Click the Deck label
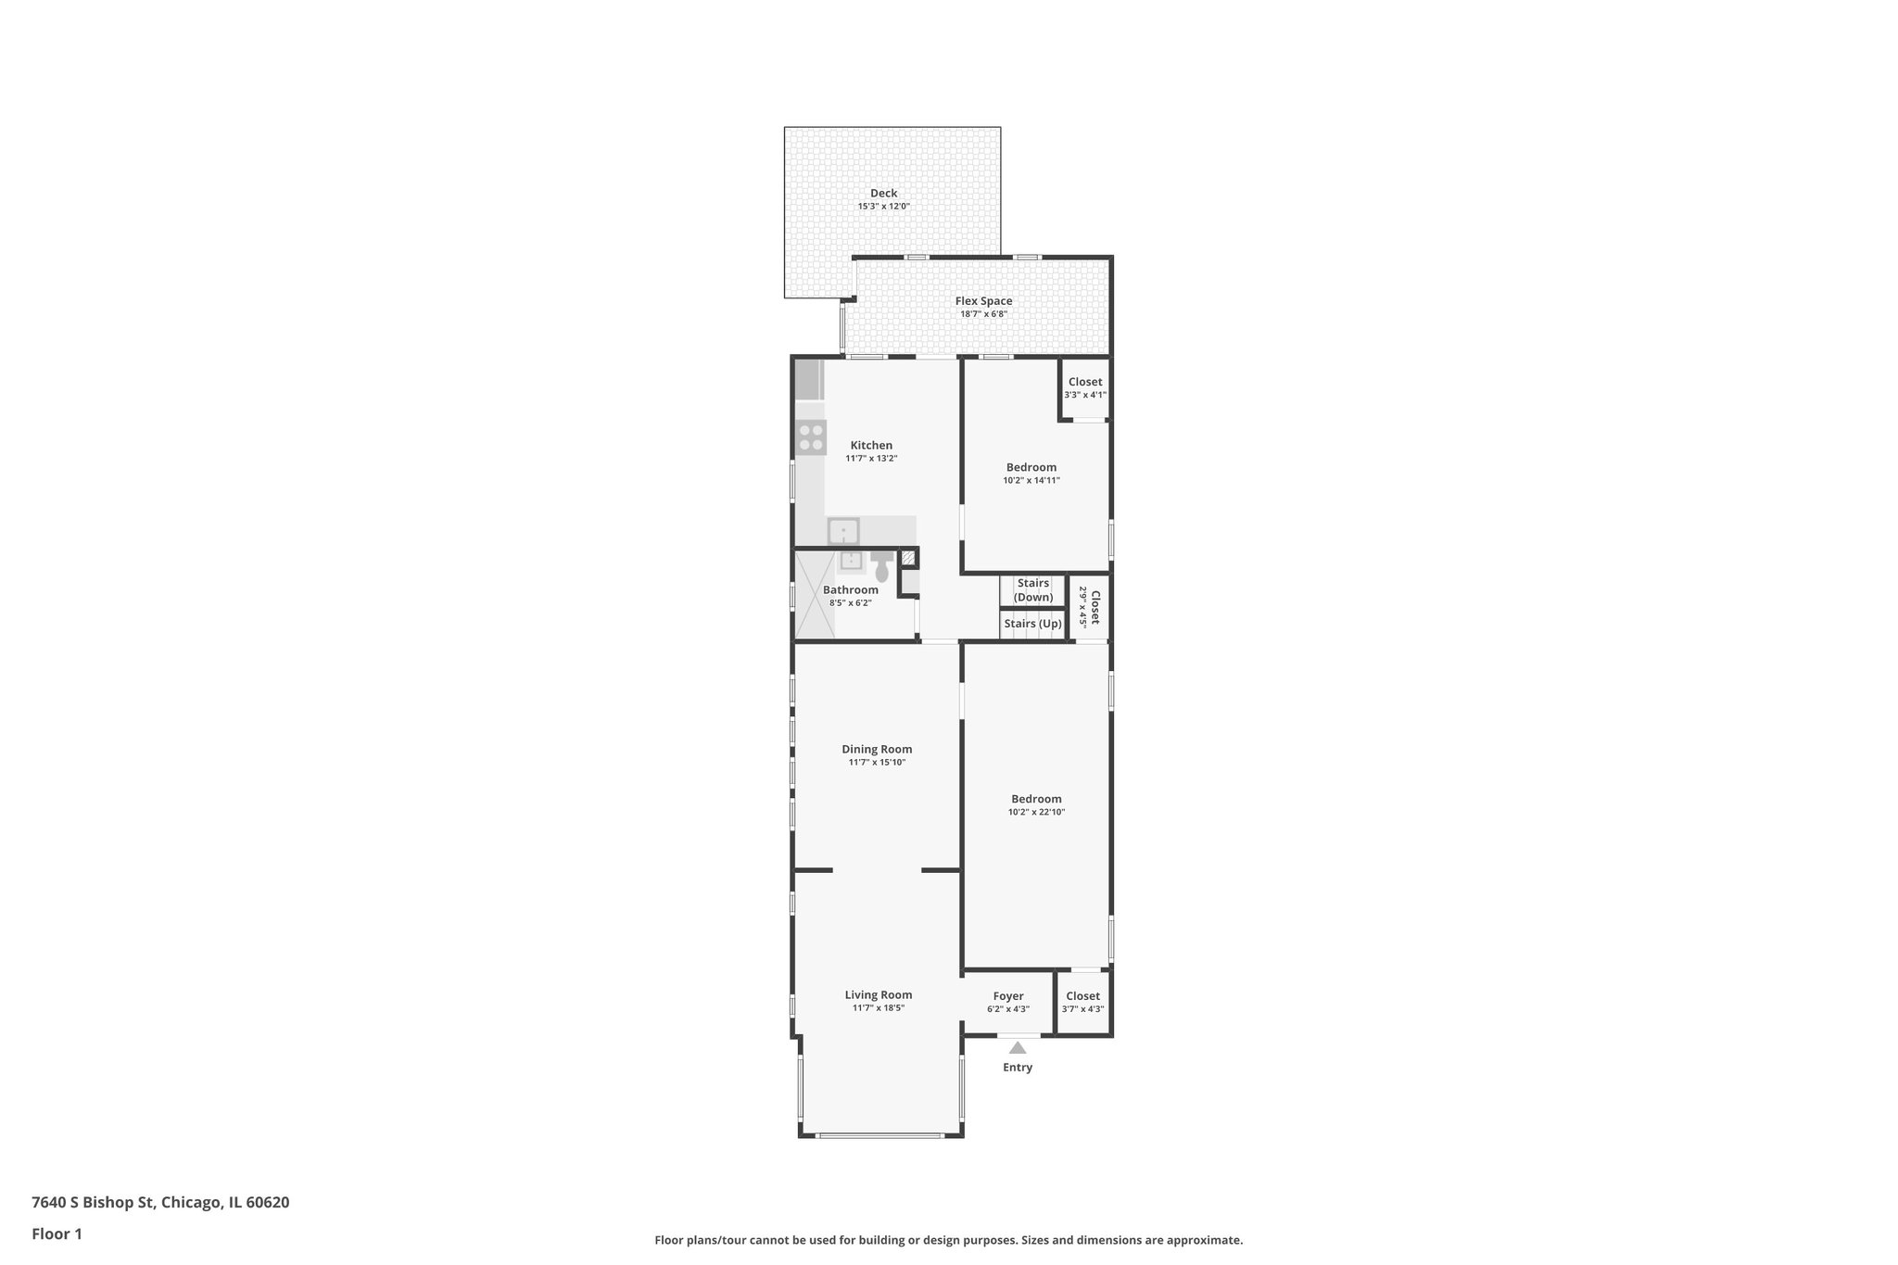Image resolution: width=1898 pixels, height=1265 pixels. [x=883, y=194]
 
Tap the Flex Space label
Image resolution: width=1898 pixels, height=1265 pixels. [x=983, y=301]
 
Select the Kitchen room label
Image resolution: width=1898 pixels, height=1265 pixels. [x=871, y=446]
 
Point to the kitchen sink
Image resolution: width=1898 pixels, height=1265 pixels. [x=843, y=532]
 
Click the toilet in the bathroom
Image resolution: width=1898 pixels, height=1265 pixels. [x=881, y=566]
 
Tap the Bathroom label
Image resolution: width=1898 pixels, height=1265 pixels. [x=850, y=590]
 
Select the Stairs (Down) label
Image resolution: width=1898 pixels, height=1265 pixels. [x=1032, y=590]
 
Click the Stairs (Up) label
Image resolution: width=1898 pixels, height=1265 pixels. [x=1032, y=624]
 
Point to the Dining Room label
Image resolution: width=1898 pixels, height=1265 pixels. [x=877, y=750]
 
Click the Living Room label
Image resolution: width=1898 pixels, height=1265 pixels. [x=878, y=995]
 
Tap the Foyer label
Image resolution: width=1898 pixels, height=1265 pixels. [x=1008, y=996]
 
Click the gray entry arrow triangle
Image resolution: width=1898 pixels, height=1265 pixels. [x=1018, y=1048]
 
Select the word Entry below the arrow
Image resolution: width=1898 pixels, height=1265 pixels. [x=1018, y=1068]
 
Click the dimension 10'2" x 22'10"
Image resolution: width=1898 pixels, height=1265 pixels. [x=1036, y=813]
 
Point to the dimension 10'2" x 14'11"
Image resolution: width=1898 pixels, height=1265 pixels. [x=1031, y=481]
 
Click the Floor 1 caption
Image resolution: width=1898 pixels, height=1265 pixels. [x=57, y=1233]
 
